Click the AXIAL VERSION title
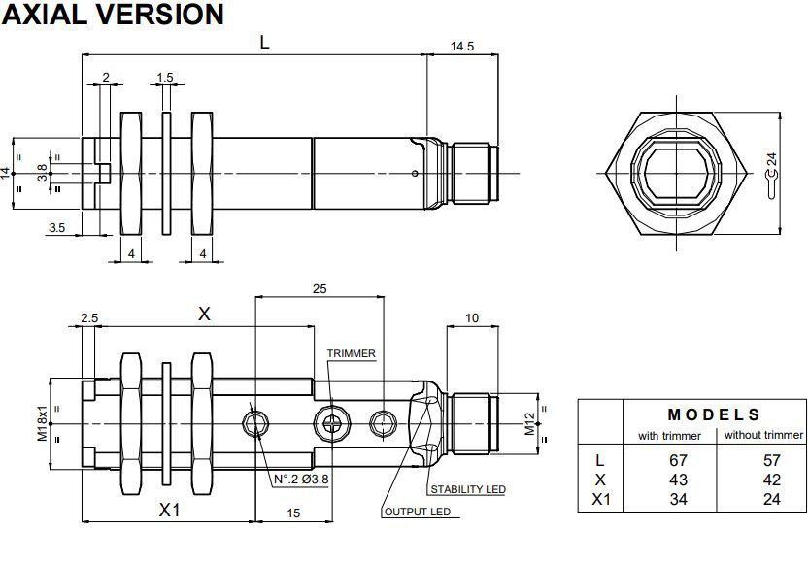[x=113, y=15]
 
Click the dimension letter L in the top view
[x=263, y=41]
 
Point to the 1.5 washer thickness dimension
[x=165, y=78]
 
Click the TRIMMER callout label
[x=351, y=353]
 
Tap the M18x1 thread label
[x=43, y=423]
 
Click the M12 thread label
[x=530, y=423]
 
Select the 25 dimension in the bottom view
[x=319, y=289]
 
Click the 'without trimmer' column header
[x=763, y=435]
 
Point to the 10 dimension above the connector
[x=472, y=318]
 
